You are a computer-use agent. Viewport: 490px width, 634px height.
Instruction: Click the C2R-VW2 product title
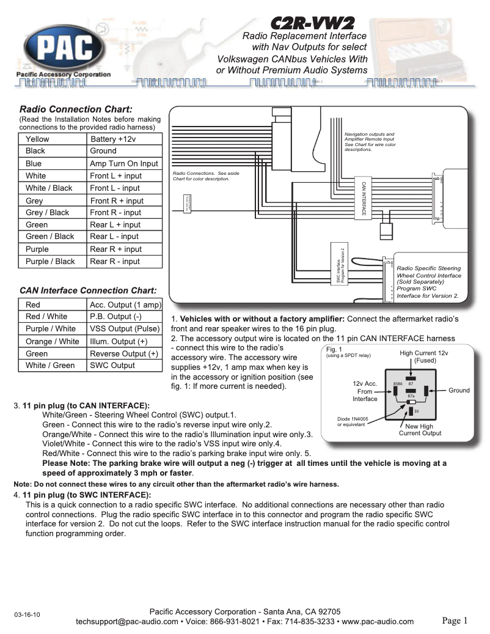312,24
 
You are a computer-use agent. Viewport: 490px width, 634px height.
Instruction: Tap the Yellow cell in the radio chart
37,139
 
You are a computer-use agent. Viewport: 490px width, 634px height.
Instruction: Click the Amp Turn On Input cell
123,163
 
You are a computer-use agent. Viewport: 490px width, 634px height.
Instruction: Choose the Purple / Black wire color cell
50,261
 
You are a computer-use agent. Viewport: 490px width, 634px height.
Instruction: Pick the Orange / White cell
53,341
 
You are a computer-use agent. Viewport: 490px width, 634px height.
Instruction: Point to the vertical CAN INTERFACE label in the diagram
364,198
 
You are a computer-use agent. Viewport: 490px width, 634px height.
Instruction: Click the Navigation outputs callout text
370,142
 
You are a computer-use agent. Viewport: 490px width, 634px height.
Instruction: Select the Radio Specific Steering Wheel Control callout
428,282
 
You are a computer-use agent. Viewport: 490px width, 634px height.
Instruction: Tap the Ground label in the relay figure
459,390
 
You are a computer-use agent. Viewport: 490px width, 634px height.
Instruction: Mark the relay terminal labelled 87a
411,396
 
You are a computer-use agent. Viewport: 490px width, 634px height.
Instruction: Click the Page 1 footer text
455,621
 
